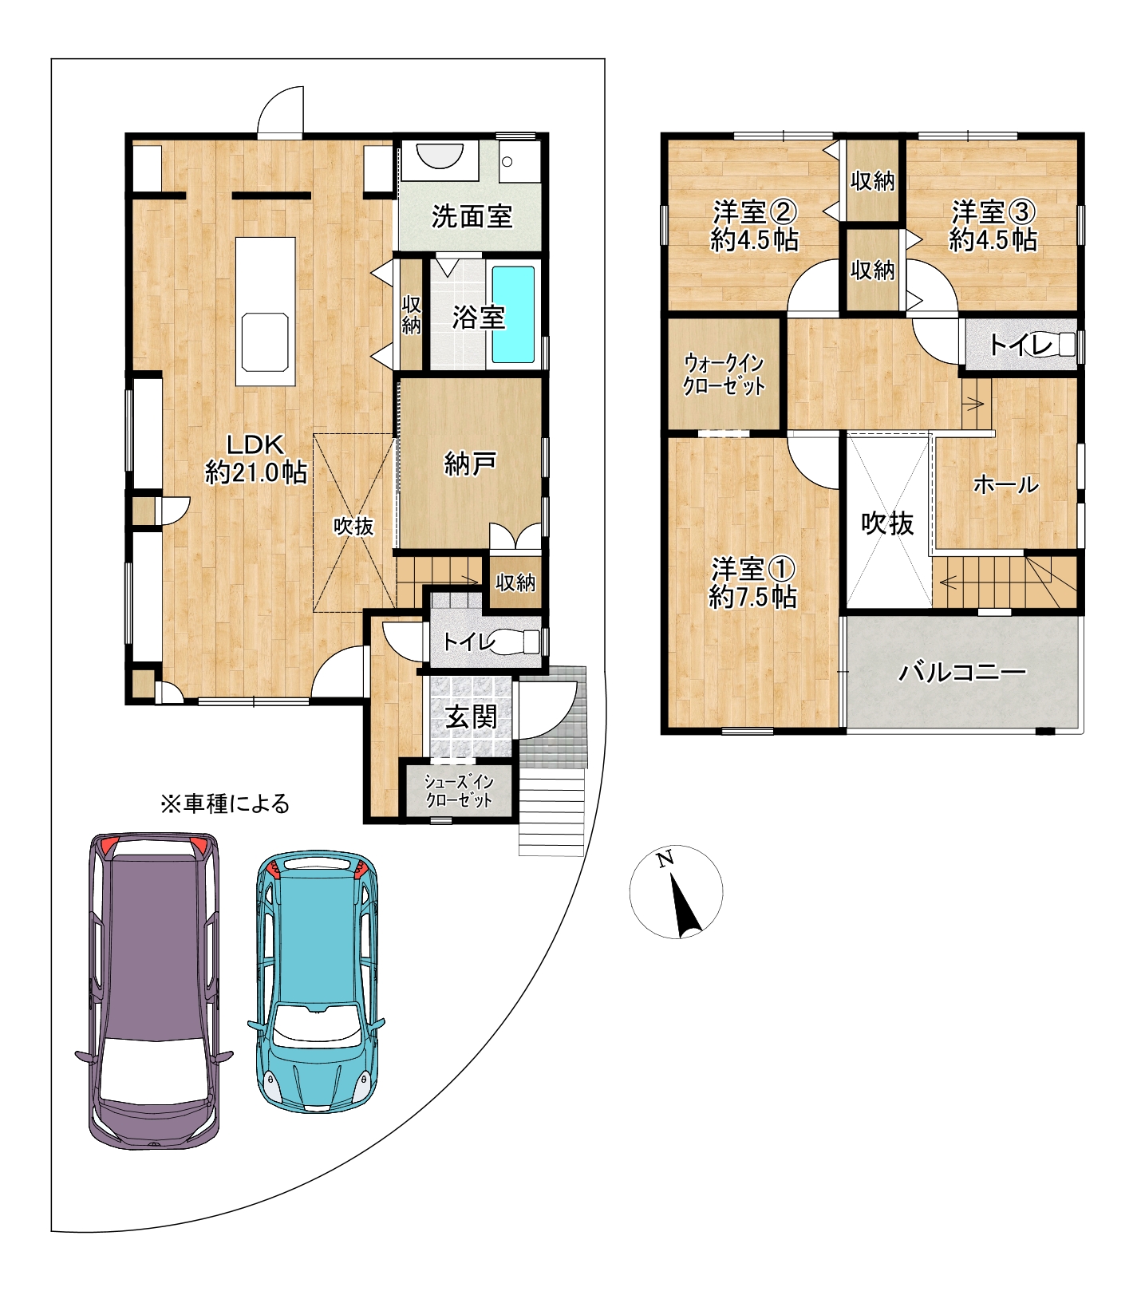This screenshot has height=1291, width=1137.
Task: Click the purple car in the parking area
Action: pyautogui.click(x=154, y=990)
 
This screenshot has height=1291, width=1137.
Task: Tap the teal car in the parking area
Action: pyautogui.click(x=317, y=981)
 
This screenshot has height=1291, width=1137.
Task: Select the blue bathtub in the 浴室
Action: pyautogui.click(x=512, y=314)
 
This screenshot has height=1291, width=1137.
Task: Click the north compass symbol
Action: pyautogui.click(x=677, y=891)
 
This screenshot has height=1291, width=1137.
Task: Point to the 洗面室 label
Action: pyautogui.click(x=472, y=216)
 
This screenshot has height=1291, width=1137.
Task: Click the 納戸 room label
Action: pyautogui.click(x=471, y=464)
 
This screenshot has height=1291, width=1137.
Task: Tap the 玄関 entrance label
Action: pyautogui.click(x=472, y=717)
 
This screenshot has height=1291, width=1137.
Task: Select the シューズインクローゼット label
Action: pyautogui.click(x=459, y=791)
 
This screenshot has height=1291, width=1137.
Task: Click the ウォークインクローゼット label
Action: pyautogui.click(x=724, y=374)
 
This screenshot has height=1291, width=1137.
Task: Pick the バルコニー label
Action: pyautogui.click(x=963, y=672)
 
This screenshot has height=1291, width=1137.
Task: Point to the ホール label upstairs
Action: pyautogui.click(x=1006, y=484)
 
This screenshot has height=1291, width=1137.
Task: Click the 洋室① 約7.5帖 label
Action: pyautogui.click(x=753, y=582)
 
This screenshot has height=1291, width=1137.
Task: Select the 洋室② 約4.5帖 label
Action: pyautogui.click(x=755, y=226)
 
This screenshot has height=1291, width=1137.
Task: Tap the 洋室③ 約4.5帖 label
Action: pyautogui.click(x=993, y=226)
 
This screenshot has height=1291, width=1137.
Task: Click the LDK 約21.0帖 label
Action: pyautogui.click(x=256, y=458)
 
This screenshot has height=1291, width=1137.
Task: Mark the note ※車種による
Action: pyautogui.click(x=225, y=803)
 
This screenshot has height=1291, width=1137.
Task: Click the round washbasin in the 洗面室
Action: pyautogui.click(x=440, y=156)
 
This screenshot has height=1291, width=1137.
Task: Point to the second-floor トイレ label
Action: pyautogui.click(x=1021, y=345)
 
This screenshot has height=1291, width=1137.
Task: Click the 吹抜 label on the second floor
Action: pyautogui.click(x=887, y=523)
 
